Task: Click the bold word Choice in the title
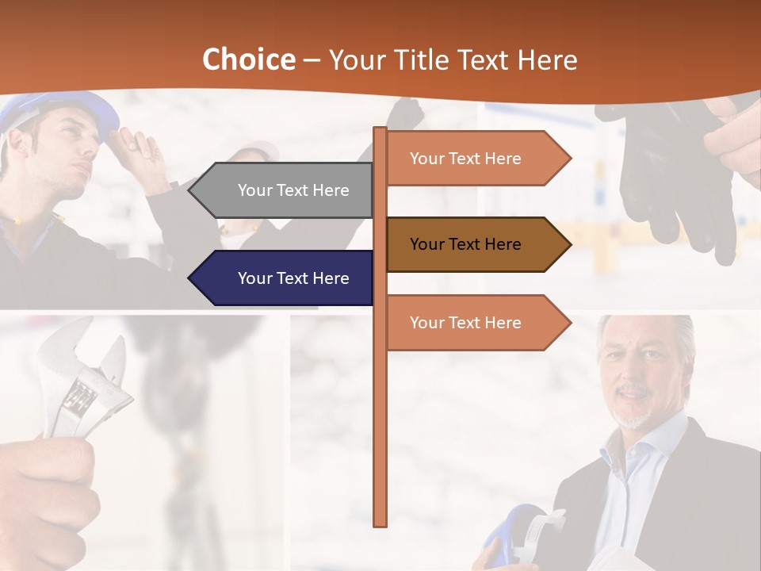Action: (x=248, y=60)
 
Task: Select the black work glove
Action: (x=666, y=174)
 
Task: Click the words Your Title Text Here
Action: (x=453, y=60)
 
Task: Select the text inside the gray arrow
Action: (x=293, y=190)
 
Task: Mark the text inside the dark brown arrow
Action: (x=465, y=244)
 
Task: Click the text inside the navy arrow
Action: (x=293, y=278)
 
